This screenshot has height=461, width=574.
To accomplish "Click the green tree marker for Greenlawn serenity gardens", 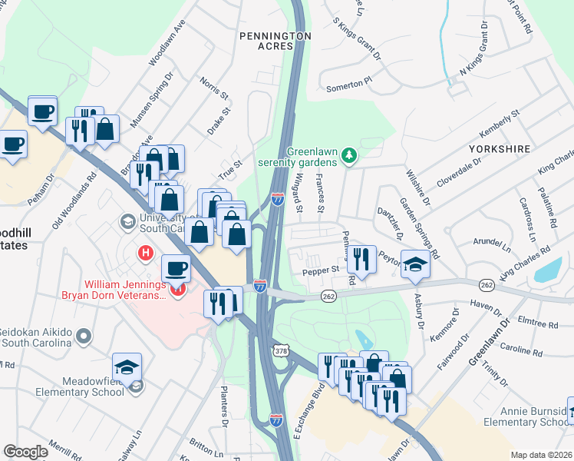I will pos(350,157).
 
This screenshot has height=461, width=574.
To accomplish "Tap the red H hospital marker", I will pos(143,252).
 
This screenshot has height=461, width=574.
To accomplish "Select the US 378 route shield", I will pos(280,350).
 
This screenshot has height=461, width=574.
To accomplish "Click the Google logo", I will pos(25,452).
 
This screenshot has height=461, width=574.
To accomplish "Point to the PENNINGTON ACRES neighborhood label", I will pos(275,41).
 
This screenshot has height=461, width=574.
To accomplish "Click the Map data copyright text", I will pos(541,454).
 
